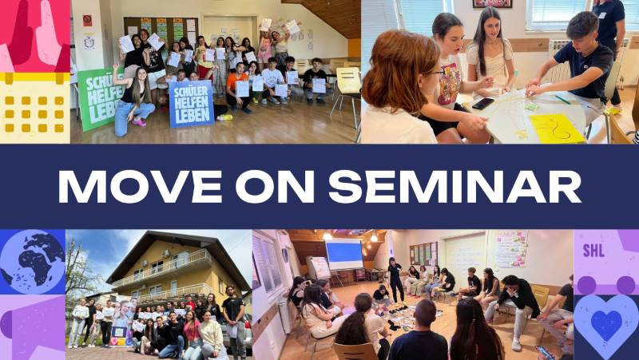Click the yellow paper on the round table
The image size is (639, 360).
(x=558, y=128)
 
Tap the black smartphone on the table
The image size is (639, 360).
(x=482, y=103)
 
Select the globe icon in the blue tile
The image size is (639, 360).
(x=32, y=262)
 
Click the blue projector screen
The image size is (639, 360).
(x=343, y=255)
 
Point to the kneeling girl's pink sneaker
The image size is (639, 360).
(x=140, y=122)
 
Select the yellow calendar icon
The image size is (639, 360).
(x=34, y=108)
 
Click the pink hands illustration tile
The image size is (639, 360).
(x=34, y=36)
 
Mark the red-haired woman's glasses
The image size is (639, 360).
(x=434, y=73)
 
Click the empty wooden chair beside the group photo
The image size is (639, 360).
(x=348, y=88)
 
